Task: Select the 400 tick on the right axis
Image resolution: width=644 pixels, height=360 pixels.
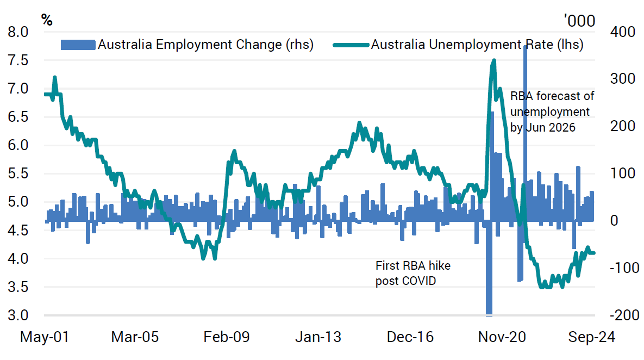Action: pyautogui.click(x=608, y=32)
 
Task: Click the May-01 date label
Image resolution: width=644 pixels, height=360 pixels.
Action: pyautogui.click(x=45, y=337)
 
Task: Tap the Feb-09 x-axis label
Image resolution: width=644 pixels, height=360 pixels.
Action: pyautogui.click(x=226, y=337)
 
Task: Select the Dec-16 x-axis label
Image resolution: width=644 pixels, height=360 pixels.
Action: pyautogui.click(x=410, y=337)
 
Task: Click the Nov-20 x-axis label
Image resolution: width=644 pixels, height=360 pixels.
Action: pyautogui.click(x=502, y=337)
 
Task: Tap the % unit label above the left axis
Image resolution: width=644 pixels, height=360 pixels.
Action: pyautogui.click(x=47, y=21)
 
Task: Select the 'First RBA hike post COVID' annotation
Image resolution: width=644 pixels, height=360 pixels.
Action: pyautogui.click(x=413, y=273)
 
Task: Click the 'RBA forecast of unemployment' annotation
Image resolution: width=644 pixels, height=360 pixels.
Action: pyautogui.click(x=552, y=112)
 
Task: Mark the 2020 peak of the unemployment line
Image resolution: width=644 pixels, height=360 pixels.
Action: pyautogui.click(x=493, y=60)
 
